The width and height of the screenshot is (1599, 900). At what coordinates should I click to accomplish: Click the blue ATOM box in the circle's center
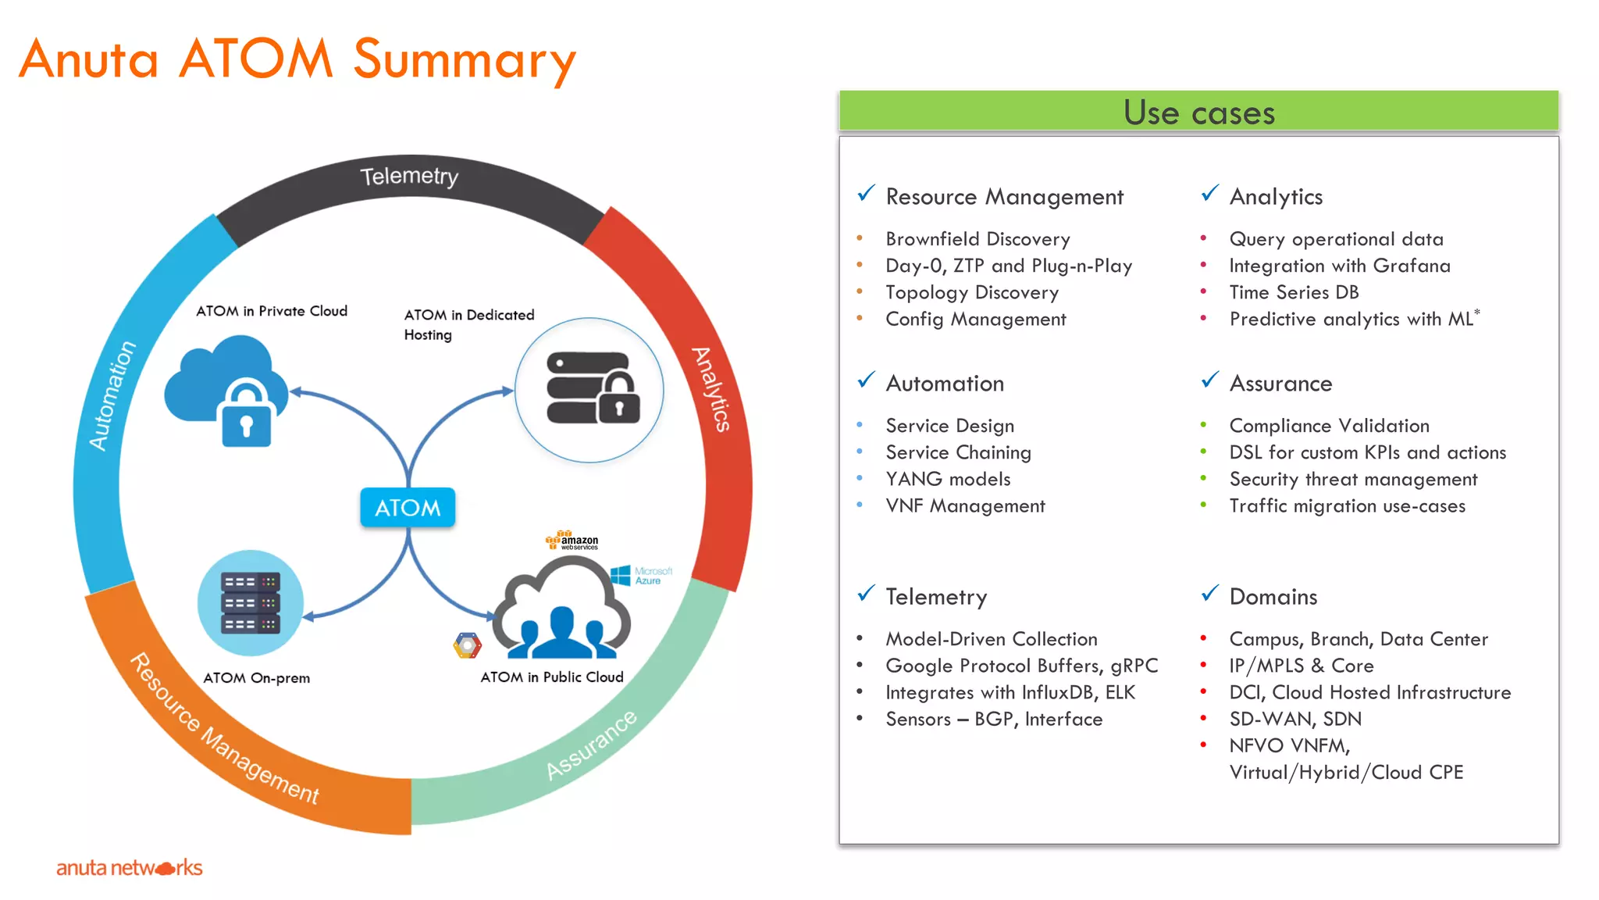408,508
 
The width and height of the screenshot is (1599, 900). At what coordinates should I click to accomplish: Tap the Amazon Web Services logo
572,541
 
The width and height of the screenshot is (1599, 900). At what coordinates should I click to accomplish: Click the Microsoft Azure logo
641,576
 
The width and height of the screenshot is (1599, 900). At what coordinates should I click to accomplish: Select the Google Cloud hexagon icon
467,645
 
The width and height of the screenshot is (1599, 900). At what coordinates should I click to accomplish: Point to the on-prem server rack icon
250,603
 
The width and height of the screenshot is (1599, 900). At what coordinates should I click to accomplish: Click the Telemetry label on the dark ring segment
409,177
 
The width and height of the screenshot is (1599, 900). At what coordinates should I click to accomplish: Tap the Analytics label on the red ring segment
711,389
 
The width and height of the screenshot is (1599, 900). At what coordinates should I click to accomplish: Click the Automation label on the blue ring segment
112,395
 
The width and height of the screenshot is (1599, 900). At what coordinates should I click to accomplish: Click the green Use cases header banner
1198,112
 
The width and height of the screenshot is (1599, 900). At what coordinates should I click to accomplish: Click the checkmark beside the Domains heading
1209,594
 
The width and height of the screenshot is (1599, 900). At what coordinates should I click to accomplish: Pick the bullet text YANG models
948,479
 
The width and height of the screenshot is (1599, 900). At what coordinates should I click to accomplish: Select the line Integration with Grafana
1339,266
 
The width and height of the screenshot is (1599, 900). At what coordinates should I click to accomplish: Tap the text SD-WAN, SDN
1295,719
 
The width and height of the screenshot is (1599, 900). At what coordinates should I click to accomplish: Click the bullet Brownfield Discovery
978,239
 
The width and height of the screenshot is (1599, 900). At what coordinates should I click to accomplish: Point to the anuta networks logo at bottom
129,867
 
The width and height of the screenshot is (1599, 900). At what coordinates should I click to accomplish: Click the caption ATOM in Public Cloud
551,677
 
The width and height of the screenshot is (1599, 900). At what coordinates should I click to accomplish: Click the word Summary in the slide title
465,59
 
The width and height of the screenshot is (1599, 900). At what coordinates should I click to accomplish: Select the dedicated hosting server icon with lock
592,388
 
